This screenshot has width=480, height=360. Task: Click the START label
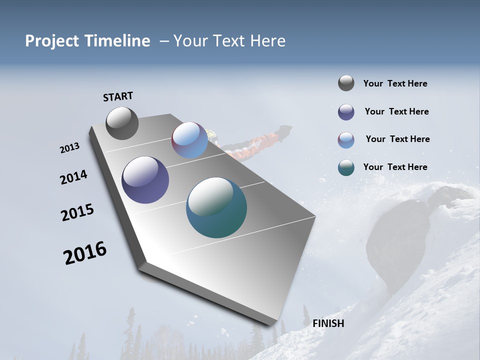tap(118, 96)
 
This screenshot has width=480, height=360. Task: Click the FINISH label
tap(328, 323)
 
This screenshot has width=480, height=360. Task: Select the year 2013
tap(69, 148)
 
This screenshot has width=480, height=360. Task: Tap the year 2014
tap(73, 177)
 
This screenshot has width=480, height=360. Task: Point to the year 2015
tap(77, 212)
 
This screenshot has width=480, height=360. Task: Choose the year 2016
tap(85, 252)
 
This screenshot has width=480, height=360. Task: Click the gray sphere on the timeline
tap(122, 123)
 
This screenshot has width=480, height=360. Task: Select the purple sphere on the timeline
tap(145, 180)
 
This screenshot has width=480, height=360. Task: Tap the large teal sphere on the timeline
tap(216, 207)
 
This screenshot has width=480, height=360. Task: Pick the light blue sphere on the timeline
tap(189, 140)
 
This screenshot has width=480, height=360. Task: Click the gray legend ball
tap(346, 83)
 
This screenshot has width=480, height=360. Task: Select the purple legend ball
tap(346, 112)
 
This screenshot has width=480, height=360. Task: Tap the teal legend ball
tap(346, 168)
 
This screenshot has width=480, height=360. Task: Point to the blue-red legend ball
tap(346, 140)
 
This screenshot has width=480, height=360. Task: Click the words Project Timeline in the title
tap(87, 41)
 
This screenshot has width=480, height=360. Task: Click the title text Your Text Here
tap(229, 41)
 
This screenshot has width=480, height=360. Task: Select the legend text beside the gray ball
tap(395, 83)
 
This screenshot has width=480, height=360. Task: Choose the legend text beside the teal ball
tap(395, 167)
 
